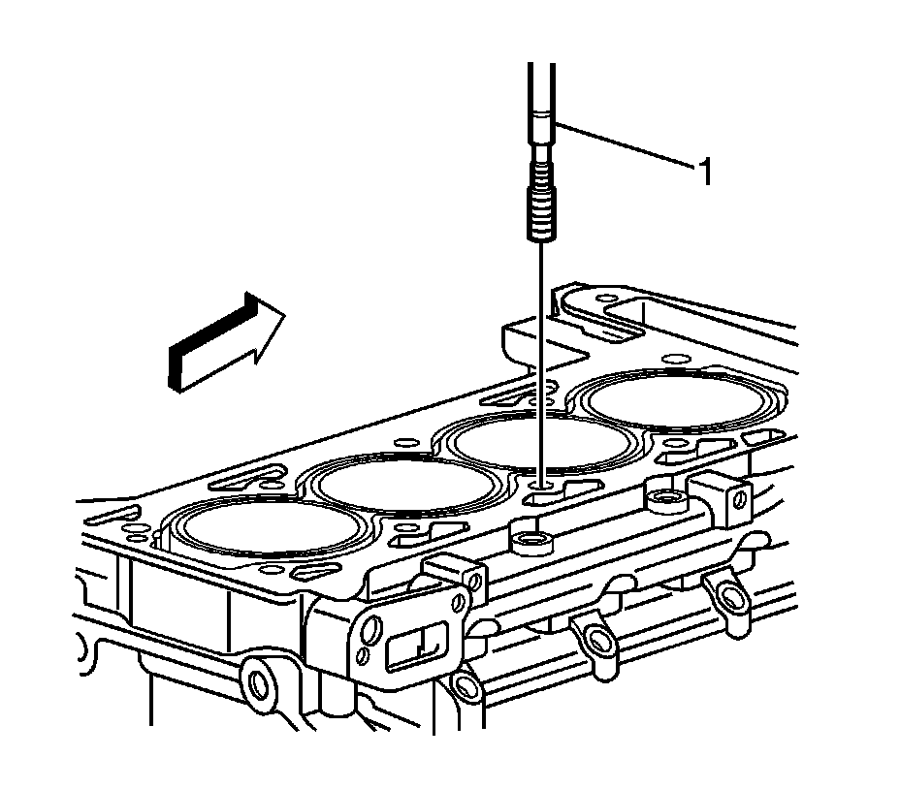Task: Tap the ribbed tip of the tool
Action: click(541, 208)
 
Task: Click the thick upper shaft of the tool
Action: click(541, 98)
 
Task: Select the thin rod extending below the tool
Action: click(541, 363)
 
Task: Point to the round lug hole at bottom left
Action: click(257, 684)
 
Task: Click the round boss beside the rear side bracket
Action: click(667, 499)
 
